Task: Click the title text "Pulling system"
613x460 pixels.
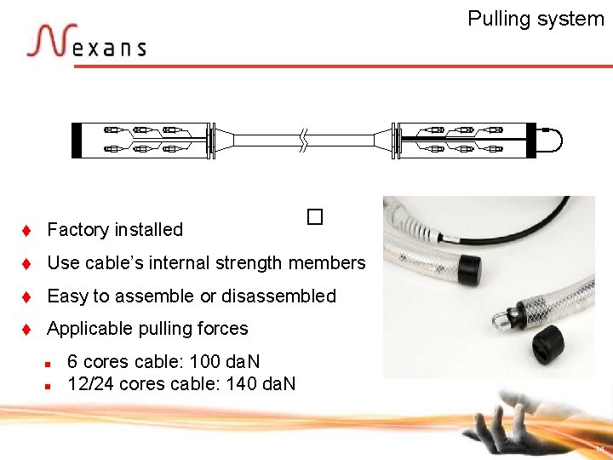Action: (x=536, y=19)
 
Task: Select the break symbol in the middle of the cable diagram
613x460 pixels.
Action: (x=304, y=140)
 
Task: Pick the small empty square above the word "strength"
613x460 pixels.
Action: (x=315, y=217)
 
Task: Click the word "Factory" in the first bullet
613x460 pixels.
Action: (x=77, y=229)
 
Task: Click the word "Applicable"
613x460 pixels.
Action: (x=89, y=328)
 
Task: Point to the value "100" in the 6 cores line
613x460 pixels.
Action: (x=205, y=362)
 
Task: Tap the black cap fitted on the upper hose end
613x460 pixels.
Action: (x=466, y=270)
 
